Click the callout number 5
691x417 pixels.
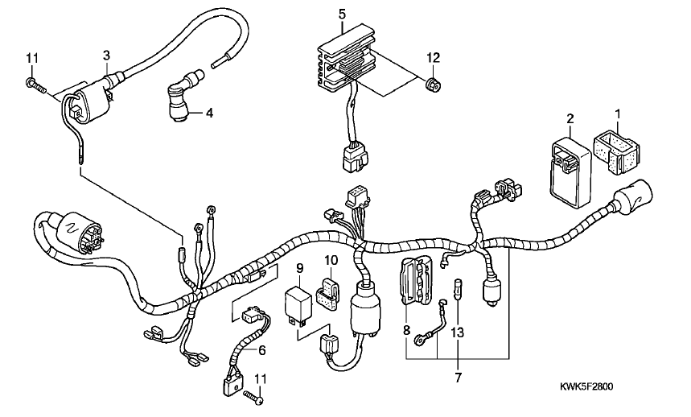click(x=343, y=14)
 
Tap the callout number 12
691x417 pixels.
click(x=434, y=57)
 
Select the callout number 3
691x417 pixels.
click(x=106, y=56)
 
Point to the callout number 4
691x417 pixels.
click(x=210, y=114)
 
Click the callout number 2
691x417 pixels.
click(x=570, y=118)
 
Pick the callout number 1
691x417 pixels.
click(x=618, y=114)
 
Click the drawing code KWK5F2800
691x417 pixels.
click(x=586, y=387)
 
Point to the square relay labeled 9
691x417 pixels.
click(x=298, y=305)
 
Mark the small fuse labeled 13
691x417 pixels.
click(x=458, y=288)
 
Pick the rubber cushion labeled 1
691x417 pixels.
click(x=616, y=154)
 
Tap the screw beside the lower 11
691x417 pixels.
click(x=253, y=396)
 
